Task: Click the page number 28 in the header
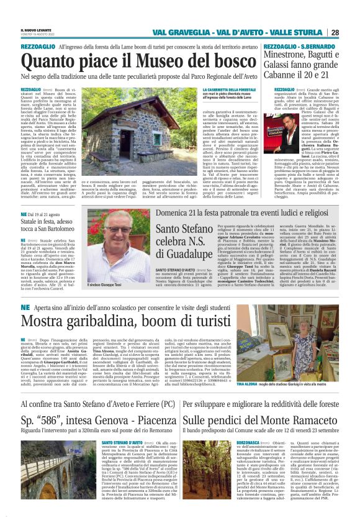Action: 351,32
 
